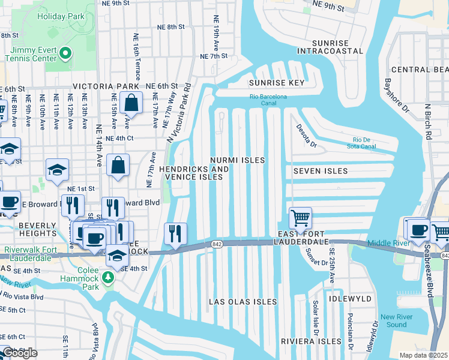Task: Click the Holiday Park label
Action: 61,16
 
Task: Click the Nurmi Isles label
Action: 238,160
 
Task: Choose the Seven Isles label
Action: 321,171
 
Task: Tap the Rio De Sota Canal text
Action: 370,143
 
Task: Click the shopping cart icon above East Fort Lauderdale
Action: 300,217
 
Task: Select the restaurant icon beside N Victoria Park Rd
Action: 175,233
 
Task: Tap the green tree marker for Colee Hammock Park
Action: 108,277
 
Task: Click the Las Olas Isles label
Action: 243,301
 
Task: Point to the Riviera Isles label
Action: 311,341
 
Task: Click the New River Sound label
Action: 397,320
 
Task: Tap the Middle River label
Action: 388,243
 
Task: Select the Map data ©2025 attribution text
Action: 423,355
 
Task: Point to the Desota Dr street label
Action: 306,136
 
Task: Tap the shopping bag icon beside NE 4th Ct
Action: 118,164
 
